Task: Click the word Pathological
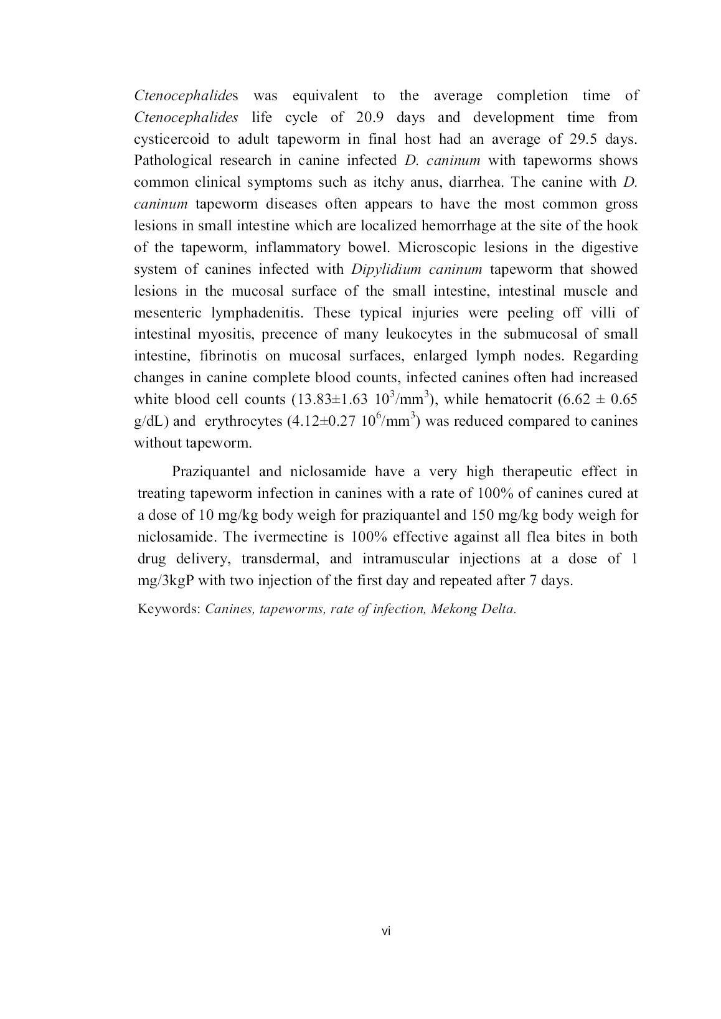tap(171, 161)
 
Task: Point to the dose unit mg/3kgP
tap(164, 581)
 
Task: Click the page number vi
tap(386, 931)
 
